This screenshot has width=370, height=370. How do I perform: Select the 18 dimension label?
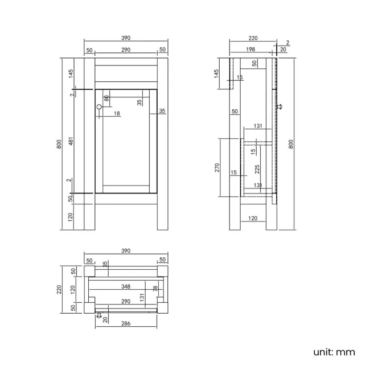point(117,114)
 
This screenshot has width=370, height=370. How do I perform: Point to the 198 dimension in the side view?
point(251,50)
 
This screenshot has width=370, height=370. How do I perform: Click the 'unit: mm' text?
point(334,352)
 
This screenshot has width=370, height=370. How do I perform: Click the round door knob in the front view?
point(99,107)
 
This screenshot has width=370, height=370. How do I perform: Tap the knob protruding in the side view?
point(279,106)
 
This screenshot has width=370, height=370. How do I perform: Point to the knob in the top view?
point(99,315)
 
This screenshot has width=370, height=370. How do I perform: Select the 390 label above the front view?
point(126,38)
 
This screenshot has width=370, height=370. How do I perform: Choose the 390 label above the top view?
point(126,250)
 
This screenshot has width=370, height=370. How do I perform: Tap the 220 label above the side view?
point(253,38)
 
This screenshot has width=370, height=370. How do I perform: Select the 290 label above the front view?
point(126,50)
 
